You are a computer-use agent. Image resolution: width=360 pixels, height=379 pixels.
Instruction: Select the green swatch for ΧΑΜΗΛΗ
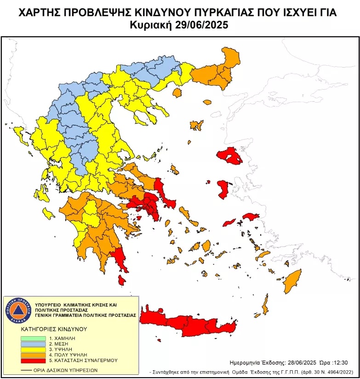tap(33, 339)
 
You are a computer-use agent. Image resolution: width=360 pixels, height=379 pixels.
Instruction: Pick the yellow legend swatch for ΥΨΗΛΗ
tap(33, 350)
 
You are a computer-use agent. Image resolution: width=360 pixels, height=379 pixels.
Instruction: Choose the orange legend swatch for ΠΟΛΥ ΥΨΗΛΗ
tap(33, 355)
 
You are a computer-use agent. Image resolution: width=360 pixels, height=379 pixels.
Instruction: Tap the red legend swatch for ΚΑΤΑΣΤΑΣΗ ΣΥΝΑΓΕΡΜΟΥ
tap(33, 361)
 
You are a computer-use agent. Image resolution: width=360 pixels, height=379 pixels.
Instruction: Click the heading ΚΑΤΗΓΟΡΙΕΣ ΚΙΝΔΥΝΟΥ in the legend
tap(54, 329)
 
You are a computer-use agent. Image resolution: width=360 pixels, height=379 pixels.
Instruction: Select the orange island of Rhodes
tap(291, 282)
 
